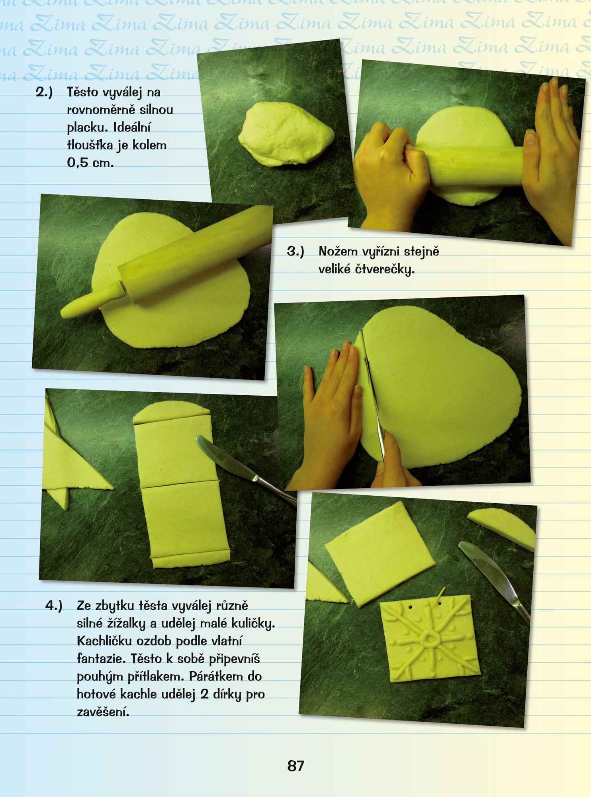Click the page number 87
coord(295,766)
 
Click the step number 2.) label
coord(44,92)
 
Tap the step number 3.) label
coord(295,251)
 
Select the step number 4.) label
coord(54,605)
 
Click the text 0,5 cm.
coord(90,163)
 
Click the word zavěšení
coord(103,712)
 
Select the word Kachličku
coord(104,641)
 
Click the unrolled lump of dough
coord(286,134)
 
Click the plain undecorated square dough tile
coord(380,554)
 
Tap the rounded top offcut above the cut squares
coord(171,412)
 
